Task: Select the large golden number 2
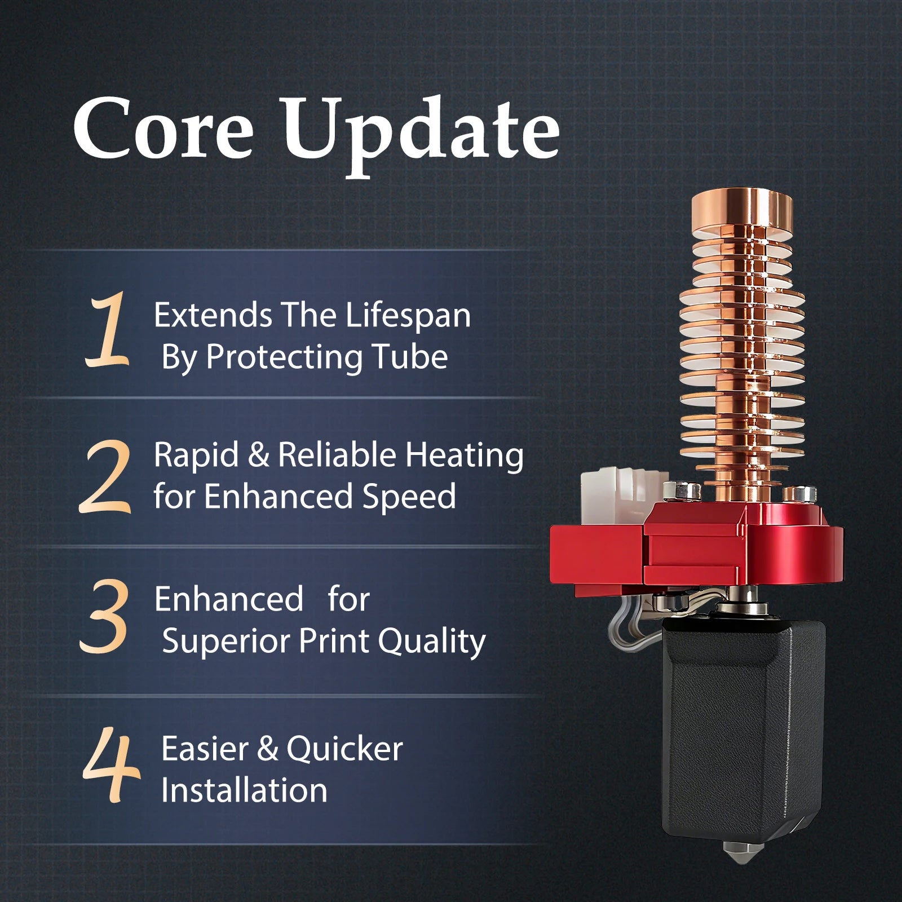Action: pos(105,476)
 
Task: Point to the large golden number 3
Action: pos(104,616)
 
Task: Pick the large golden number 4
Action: pos(111,764)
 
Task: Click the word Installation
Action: pos(244,790)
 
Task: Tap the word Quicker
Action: pos(344,750)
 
